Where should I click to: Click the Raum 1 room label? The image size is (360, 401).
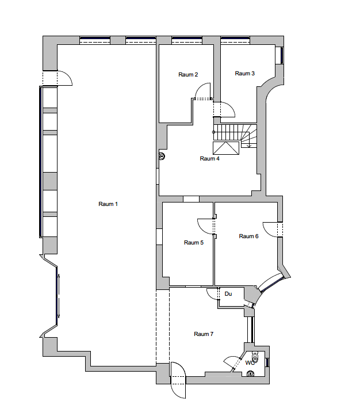point(108,204)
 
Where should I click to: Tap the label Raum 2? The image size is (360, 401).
point(188,75)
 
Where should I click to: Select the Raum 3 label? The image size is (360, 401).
point(244,74)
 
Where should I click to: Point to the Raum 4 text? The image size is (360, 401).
point(209,159)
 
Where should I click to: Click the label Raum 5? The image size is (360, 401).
point(194,242)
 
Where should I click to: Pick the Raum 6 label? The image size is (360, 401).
point(248,236)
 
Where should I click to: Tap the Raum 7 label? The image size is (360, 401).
point(204,334)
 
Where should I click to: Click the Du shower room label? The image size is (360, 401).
point(228,294)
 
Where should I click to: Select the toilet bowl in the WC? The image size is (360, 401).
point(255,356)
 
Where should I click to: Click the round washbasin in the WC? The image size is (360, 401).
point(250,373)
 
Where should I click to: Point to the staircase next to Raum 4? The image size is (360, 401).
point(235,136)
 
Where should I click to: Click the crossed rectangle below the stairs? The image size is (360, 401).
point(226,148)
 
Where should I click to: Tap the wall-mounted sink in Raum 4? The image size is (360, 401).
point(162,156)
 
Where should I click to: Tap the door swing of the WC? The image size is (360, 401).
point(231,359)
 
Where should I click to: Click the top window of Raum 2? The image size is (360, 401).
point(187,40)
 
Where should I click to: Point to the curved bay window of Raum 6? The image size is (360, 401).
point(270,282)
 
